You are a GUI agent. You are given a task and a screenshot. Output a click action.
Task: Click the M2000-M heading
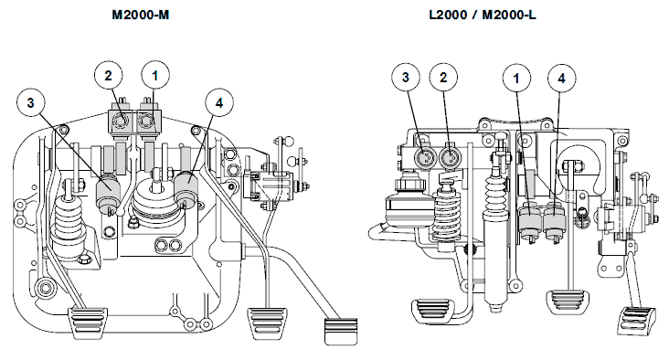(141, 15)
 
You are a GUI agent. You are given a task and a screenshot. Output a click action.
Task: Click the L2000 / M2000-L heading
(483, 15)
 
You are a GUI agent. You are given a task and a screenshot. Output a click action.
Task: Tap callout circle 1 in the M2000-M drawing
(155, 76)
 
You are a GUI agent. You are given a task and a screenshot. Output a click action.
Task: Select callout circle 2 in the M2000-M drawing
(109, 76)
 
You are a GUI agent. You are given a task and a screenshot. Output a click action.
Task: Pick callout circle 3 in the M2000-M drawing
(31, 103)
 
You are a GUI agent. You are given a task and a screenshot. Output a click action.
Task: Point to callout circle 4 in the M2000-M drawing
(219, 103)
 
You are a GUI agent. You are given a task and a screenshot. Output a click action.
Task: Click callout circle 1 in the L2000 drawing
(516, 79)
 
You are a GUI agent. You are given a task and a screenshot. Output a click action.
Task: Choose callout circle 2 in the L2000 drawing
(444, 78)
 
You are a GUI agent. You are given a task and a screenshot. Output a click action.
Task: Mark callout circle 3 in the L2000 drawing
(406, 77)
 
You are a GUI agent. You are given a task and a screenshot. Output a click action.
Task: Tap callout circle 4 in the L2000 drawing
(562, 79)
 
